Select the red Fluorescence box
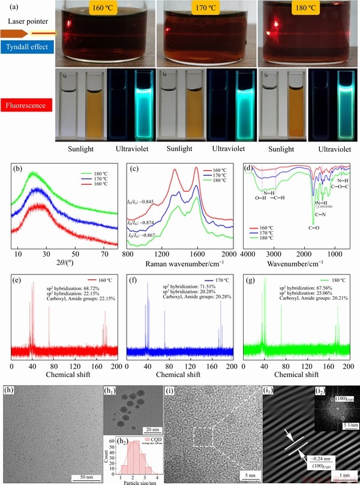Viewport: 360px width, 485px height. [27, 110]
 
